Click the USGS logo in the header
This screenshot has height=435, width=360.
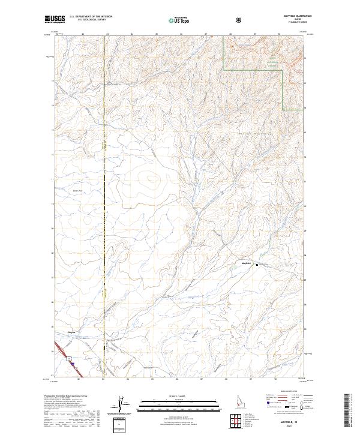tap(55, 20)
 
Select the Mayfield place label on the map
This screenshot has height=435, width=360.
tap(245, 264)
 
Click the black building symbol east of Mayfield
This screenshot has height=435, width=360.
tap(258, 265)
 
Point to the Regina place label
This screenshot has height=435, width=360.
tap(71, 331)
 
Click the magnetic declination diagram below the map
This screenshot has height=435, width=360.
tap(125, 405)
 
